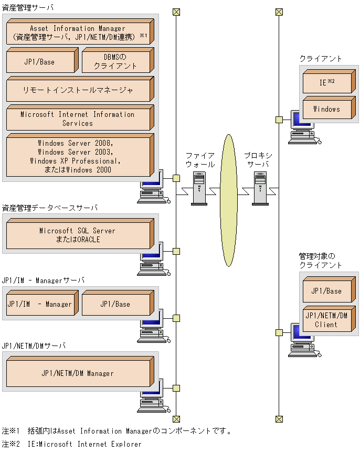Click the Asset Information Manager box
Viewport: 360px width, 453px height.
[78, 33]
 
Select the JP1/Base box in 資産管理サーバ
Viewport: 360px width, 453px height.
[40, 62]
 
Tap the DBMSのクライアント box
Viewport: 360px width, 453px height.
[115, 62]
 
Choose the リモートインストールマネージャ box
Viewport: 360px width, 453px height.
[78, 90]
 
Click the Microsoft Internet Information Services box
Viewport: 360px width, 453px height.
[78, 119]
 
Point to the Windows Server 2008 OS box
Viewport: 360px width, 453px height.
[78, 156]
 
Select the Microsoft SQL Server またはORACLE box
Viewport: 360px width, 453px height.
[78, 235]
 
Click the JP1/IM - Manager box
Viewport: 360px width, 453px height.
[40, 304]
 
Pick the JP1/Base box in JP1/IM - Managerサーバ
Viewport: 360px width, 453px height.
[115, 304]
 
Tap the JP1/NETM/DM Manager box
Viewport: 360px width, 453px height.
[78, 373]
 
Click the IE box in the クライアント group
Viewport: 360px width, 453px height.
[327, 83]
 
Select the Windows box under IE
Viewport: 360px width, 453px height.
[327, 109]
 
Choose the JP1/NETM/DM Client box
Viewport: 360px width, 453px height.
[327, 320]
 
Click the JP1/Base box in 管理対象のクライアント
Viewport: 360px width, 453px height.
[327, 291]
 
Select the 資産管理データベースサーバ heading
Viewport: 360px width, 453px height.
[50, 208]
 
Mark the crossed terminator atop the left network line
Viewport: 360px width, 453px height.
[176, 12]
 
